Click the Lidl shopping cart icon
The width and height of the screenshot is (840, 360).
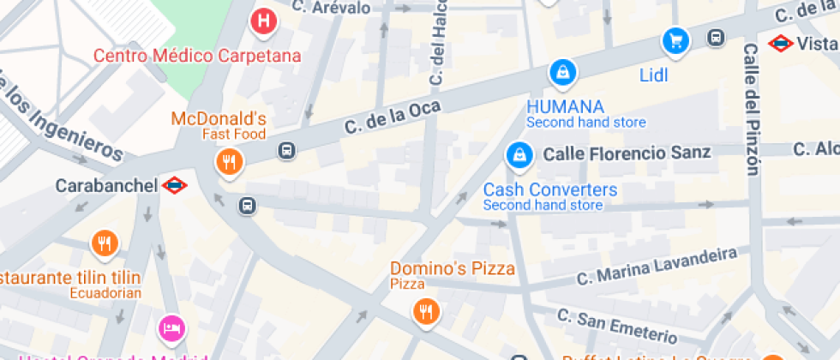tap(675, 39)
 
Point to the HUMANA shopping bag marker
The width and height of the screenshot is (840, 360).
tap(562, 73)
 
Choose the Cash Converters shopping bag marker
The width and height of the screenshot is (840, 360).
tap(519, 155)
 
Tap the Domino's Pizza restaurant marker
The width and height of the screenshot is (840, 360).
tap(426, 310)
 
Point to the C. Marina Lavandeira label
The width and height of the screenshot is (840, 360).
tap(657, 267)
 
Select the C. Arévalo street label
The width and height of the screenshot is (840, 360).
tap(331, 8)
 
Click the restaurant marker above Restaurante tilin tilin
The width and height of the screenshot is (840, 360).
tap(104, 243)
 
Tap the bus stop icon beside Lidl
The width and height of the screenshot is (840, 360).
tap(716, 39)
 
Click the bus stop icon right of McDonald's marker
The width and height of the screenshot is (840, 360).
tap(286, 152)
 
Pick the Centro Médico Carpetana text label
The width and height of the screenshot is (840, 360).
tap(197, 57)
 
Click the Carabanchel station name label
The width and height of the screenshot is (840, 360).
tap(106, 185)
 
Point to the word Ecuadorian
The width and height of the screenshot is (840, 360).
tap(105, 293)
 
